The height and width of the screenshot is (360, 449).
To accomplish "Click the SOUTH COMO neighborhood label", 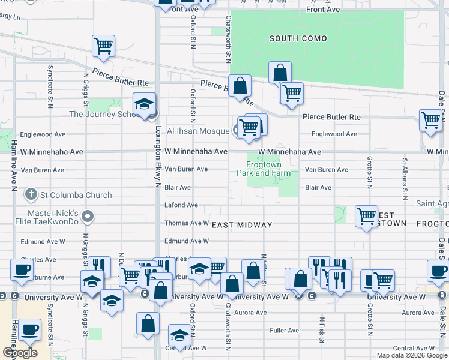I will (x=298, y=39).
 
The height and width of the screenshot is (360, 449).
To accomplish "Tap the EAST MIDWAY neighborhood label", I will (x=243, y=225).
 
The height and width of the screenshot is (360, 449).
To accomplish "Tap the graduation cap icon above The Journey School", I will (x=144, y=104).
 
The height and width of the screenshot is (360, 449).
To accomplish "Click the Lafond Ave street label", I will (x=181, y=205).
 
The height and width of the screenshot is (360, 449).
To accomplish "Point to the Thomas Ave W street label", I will (x=187, y=223).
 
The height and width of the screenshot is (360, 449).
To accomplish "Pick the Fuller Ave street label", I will (x=285, y=330).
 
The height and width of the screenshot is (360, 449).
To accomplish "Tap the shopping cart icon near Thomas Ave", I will (x=366, y=216).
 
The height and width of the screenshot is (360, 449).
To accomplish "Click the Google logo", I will (x=20, y=353).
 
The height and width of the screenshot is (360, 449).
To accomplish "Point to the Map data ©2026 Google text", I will (x=411, y=355).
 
